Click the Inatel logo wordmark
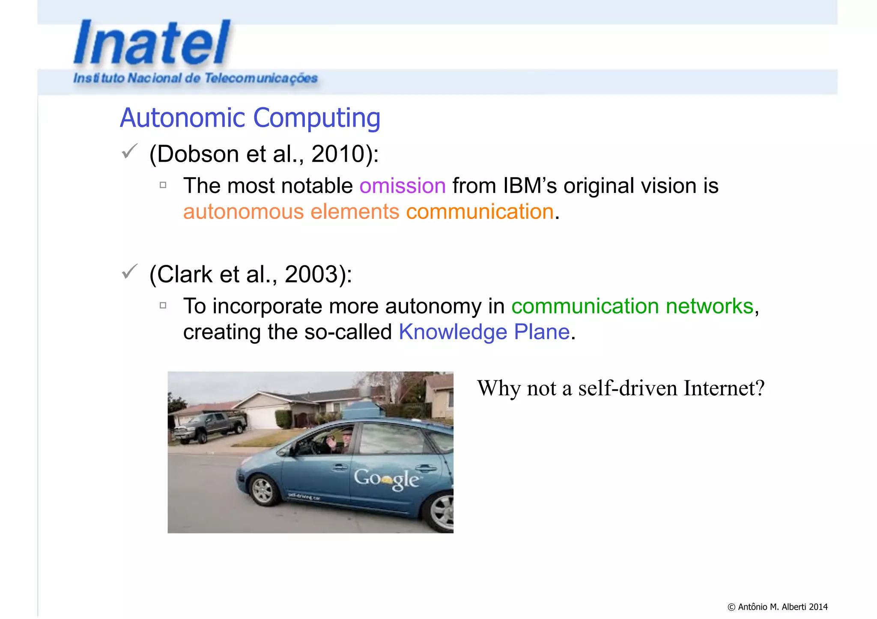point(152,43)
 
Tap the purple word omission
point(403,186)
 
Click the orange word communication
point(480,212)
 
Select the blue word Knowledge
point(453,332)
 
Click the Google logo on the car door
point(386,479)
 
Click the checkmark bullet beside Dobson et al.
point(129,151)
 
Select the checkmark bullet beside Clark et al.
point(129,272)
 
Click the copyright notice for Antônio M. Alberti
point(777,607)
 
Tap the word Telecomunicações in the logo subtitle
point(261,78)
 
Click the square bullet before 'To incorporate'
point(163,305)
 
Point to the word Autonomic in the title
point(182,118)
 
